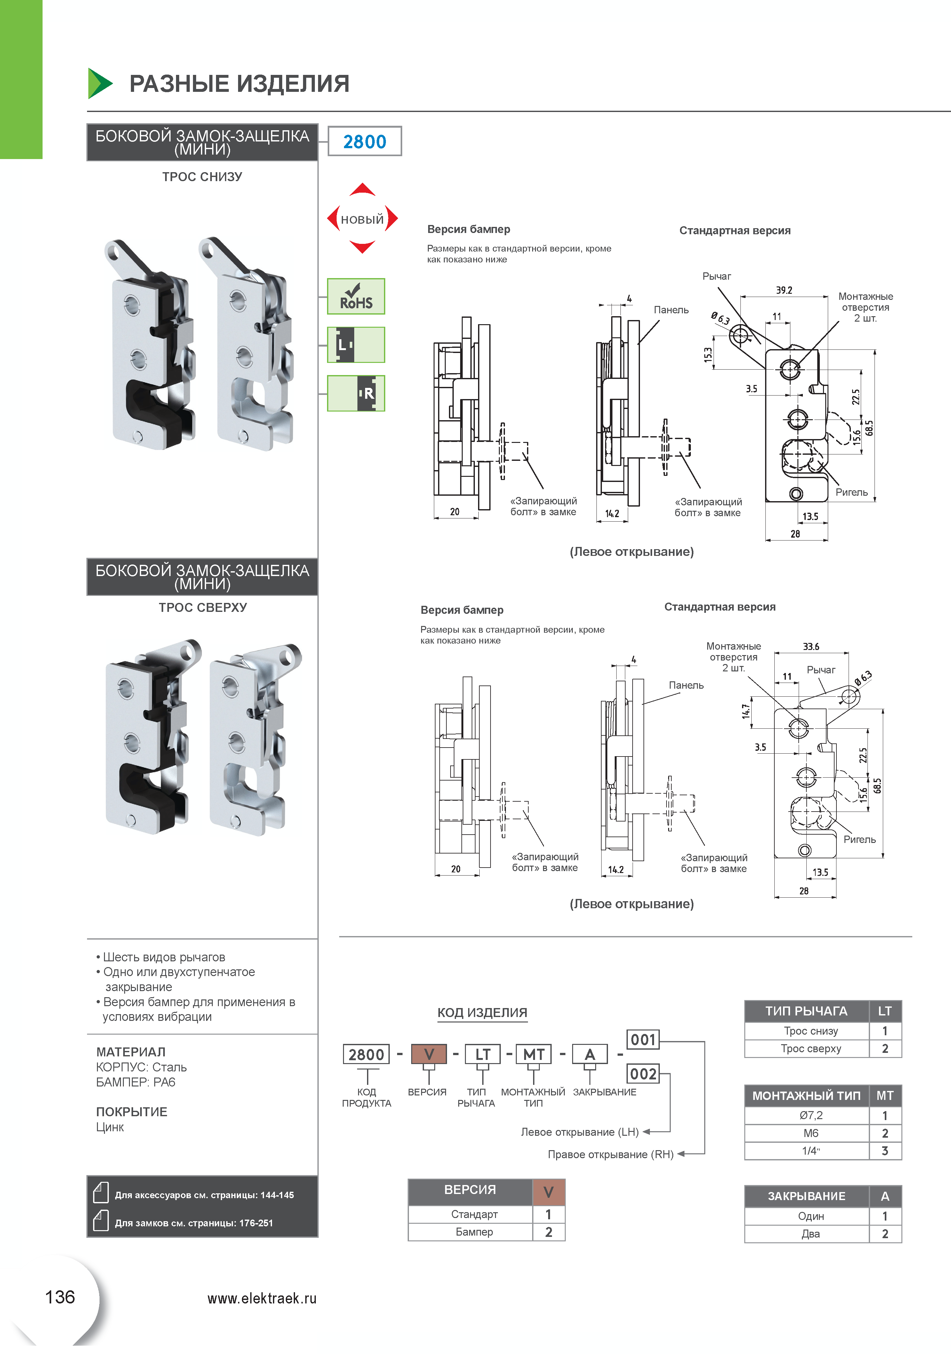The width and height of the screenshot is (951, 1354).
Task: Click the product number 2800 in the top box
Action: [364, 141]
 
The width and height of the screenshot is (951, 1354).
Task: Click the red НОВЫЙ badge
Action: [362, 220]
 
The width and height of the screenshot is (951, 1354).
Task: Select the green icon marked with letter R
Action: [356, 393]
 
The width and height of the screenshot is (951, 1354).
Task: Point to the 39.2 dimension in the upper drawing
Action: [784, 290]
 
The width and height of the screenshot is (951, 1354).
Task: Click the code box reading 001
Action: [643, 1040]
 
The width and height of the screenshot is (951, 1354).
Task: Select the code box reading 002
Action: [643, 1074]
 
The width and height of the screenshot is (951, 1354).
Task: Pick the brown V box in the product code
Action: [429, 1054]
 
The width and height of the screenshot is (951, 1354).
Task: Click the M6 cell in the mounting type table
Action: [810, 1133]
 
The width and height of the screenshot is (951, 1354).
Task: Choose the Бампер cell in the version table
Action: [474, 1232]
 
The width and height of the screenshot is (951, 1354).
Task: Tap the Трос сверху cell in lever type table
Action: [810, 1048]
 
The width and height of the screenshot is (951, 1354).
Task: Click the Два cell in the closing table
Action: [810, 1234]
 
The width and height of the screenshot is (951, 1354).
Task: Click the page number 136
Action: [60, 1297]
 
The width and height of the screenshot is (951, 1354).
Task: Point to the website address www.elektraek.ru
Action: [262, 1299]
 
